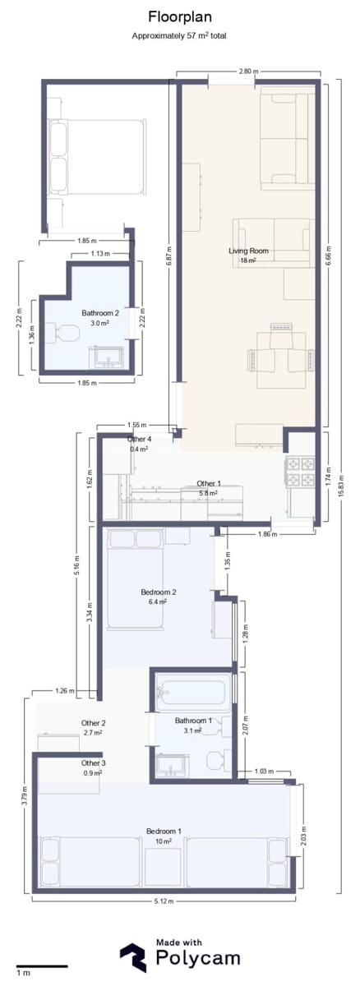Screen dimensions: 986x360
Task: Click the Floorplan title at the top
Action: [x=179, y=16]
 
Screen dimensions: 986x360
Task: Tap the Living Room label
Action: [x=248, y=251]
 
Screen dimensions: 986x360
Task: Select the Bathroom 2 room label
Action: [x=100, y=313]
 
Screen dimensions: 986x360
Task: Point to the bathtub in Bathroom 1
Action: [x=193, y=693]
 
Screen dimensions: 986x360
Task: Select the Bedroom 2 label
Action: [x=159, y=591]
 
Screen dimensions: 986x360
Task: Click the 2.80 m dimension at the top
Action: [x=247, y=72]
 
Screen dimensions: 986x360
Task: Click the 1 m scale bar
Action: [x=41, y=966]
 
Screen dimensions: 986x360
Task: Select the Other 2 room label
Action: [x=93, y=723]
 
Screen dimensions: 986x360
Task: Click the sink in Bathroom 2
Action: [x=108, y=357]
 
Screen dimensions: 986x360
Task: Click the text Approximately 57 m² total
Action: [x=179, y=36]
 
